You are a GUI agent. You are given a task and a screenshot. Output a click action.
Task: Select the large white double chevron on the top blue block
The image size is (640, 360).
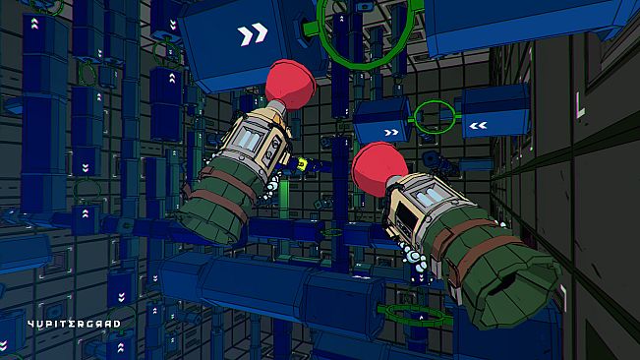tap(253, 36)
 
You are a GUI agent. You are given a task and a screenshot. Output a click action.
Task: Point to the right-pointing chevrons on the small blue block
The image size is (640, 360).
tap(391, 131)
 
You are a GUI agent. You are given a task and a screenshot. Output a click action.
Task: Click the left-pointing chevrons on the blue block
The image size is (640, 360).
tap(480, 125)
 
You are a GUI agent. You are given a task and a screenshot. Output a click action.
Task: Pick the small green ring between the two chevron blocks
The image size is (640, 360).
tap(433, 117)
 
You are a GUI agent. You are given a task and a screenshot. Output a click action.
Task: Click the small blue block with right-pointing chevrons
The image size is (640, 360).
tap(381, 121)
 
